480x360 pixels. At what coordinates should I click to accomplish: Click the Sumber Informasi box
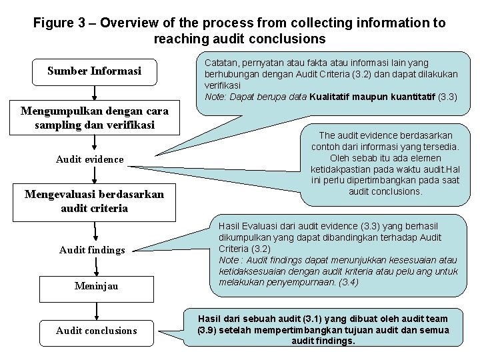[94, 71]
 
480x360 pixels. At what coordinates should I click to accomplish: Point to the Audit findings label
[92, 250]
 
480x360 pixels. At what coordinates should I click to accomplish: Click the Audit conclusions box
[96, 330]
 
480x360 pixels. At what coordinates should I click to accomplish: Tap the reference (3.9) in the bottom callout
[210, 330]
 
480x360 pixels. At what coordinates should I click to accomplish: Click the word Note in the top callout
[215, 97]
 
